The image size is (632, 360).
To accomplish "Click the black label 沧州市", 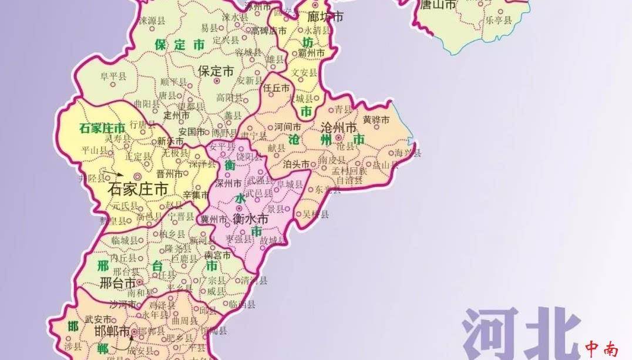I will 339,127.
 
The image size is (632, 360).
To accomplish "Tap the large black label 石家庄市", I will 139,189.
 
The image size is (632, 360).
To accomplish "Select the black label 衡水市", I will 250,219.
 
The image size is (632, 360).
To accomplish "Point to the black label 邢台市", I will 117,283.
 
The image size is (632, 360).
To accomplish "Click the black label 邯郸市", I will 112,331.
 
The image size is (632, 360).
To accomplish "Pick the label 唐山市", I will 436,5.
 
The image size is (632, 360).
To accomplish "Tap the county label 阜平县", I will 113,76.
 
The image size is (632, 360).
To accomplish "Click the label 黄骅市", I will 376,120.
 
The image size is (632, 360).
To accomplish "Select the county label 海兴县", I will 408,153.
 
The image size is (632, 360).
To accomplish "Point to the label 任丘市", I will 277,88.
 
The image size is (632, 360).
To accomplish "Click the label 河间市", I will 288,126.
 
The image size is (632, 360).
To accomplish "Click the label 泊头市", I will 296,164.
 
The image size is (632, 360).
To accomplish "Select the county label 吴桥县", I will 315,214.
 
